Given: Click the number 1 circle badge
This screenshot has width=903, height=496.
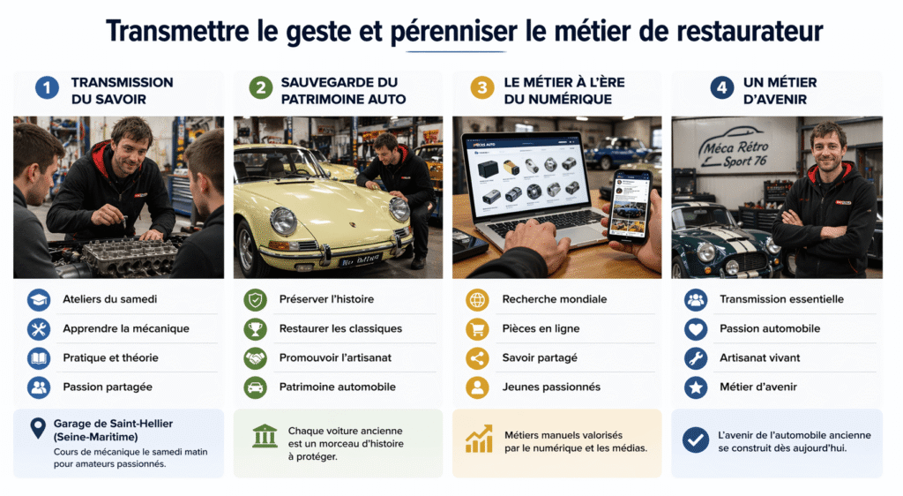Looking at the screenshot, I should coord(47,87).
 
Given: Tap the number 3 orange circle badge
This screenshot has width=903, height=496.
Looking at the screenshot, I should coord(481,87).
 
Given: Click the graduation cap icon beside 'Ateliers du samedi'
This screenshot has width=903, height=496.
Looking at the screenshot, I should coord(39,299).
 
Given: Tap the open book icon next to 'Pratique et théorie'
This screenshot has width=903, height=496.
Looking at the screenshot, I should coord(39,357).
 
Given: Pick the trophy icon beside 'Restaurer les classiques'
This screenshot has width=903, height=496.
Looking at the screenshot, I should coord(256,328).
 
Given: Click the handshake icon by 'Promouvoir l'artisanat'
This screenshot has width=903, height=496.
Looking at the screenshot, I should coord(256,357).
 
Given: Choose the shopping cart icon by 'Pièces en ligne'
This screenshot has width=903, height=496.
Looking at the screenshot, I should coord(477,328).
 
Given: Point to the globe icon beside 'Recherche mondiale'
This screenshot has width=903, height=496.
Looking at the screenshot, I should coord(477,299).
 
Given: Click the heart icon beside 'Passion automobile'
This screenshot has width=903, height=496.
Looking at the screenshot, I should coord(696,328).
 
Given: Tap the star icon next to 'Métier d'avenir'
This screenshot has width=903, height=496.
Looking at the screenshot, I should coord(696,387).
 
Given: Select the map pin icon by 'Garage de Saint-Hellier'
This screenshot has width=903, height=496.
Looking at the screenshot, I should coord(38,429).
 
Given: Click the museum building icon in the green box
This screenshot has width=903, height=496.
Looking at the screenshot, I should coord(265,436).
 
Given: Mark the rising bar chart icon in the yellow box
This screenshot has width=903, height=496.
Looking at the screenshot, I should coord(479,439).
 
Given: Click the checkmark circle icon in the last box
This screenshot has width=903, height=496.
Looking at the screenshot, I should coord(696,439).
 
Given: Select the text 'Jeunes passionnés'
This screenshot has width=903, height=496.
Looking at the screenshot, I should coord(551,387).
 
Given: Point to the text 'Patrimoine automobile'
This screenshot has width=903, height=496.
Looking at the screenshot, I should coord(337,387).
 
